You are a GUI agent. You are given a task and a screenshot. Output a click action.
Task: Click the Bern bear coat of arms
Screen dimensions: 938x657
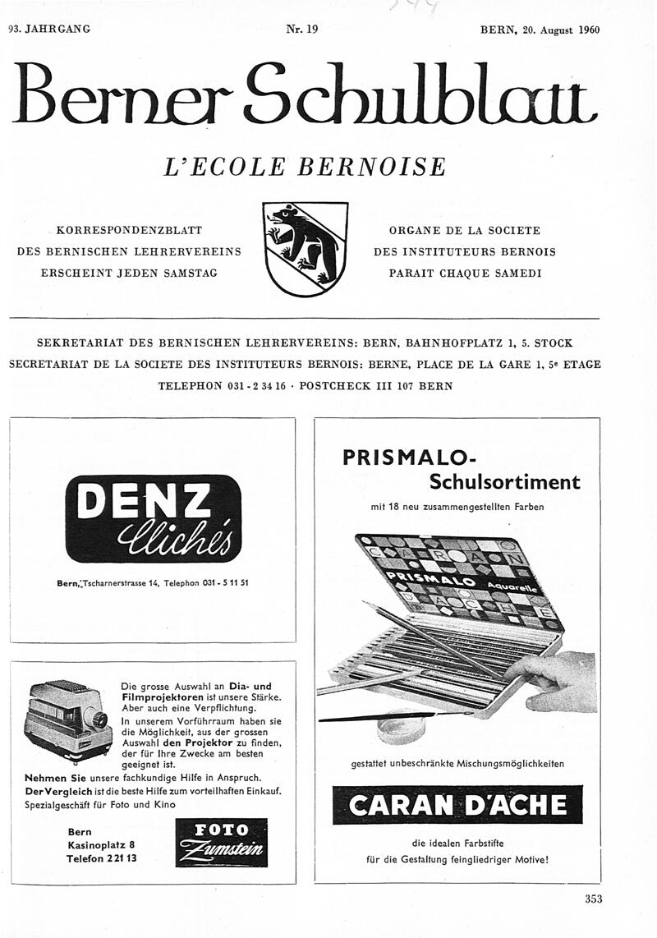pos(306,249)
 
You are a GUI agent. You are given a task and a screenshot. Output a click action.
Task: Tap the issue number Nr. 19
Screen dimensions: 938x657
pos(301,30)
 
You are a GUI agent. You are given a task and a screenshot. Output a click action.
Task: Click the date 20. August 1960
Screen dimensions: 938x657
pos(561,30)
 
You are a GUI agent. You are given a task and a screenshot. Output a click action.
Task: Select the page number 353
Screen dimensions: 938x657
pos(593,899)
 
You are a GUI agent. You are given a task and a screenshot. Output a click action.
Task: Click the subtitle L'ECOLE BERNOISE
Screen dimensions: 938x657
pos(306,167)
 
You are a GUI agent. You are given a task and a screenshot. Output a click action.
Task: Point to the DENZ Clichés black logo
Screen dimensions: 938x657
pos(153,518)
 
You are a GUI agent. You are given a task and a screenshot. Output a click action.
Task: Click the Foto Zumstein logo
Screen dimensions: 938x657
pos(219,842)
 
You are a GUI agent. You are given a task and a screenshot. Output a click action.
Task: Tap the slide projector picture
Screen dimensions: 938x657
pos(68,722)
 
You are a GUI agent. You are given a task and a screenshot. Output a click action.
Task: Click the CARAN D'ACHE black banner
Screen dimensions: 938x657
pos(457,805)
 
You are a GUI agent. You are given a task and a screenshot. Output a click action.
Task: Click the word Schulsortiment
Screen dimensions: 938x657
pos(504,481)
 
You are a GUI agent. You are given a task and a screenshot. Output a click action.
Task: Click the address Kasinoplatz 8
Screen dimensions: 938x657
pos(102,844)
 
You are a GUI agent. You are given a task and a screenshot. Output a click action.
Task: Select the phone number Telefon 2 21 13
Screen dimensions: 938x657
pos(102,858)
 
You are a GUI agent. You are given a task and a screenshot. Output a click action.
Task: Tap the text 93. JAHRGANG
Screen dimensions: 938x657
pos(49,30)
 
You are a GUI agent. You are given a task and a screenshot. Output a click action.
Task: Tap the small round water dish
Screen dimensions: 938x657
pos(404,725)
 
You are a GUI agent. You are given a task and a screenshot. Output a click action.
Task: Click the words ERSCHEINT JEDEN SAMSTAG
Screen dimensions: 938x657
pos(129,273)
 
